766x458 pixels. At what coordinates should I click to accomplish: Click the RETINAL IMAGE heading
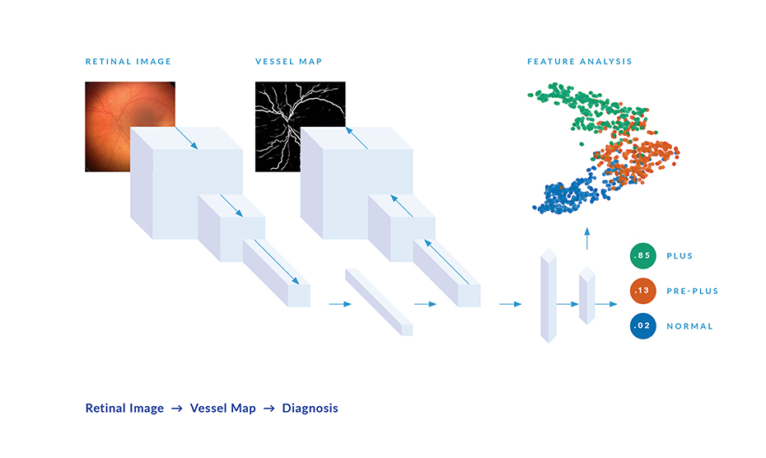128,62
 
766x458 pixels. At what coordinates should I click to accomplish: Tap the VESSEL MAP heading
289,62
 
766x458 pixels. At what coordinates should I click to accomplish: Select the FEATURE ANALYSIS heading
579,62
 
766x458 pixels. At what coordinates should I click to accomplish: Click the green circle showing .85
642,255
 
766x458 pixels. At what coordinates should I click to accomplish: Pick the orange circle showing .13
642,290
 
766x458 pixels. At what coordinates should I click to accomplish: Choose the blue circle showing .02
642,325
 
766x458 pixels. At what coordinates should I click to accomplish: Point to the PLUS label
680,255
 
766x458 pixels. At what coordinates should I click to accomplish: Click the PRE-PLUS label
692,291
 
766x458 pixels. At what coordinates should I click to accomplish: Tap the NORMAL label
689,326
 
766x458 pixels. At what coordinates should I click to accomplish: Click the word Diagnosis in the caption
311,408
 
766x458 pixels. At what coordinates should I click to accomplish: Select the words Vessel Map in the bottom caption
222,408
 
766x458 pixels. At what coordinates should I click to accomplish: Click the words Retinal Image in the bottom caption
124,408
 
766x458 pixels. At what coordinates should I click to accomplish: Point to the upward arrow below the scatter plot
587,239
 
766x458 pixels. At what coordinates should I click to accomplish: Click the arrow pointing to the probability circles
606,304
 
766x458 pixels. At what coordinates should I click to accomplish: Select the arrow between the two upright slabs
567,304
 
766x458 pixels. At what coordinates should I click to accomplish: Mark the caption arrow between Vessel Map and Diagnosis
269,408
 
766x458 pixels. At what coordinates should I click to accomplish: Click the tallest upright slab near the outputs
549,295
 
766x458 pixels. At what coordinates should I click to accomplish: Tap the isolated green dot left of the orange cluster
582,144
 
